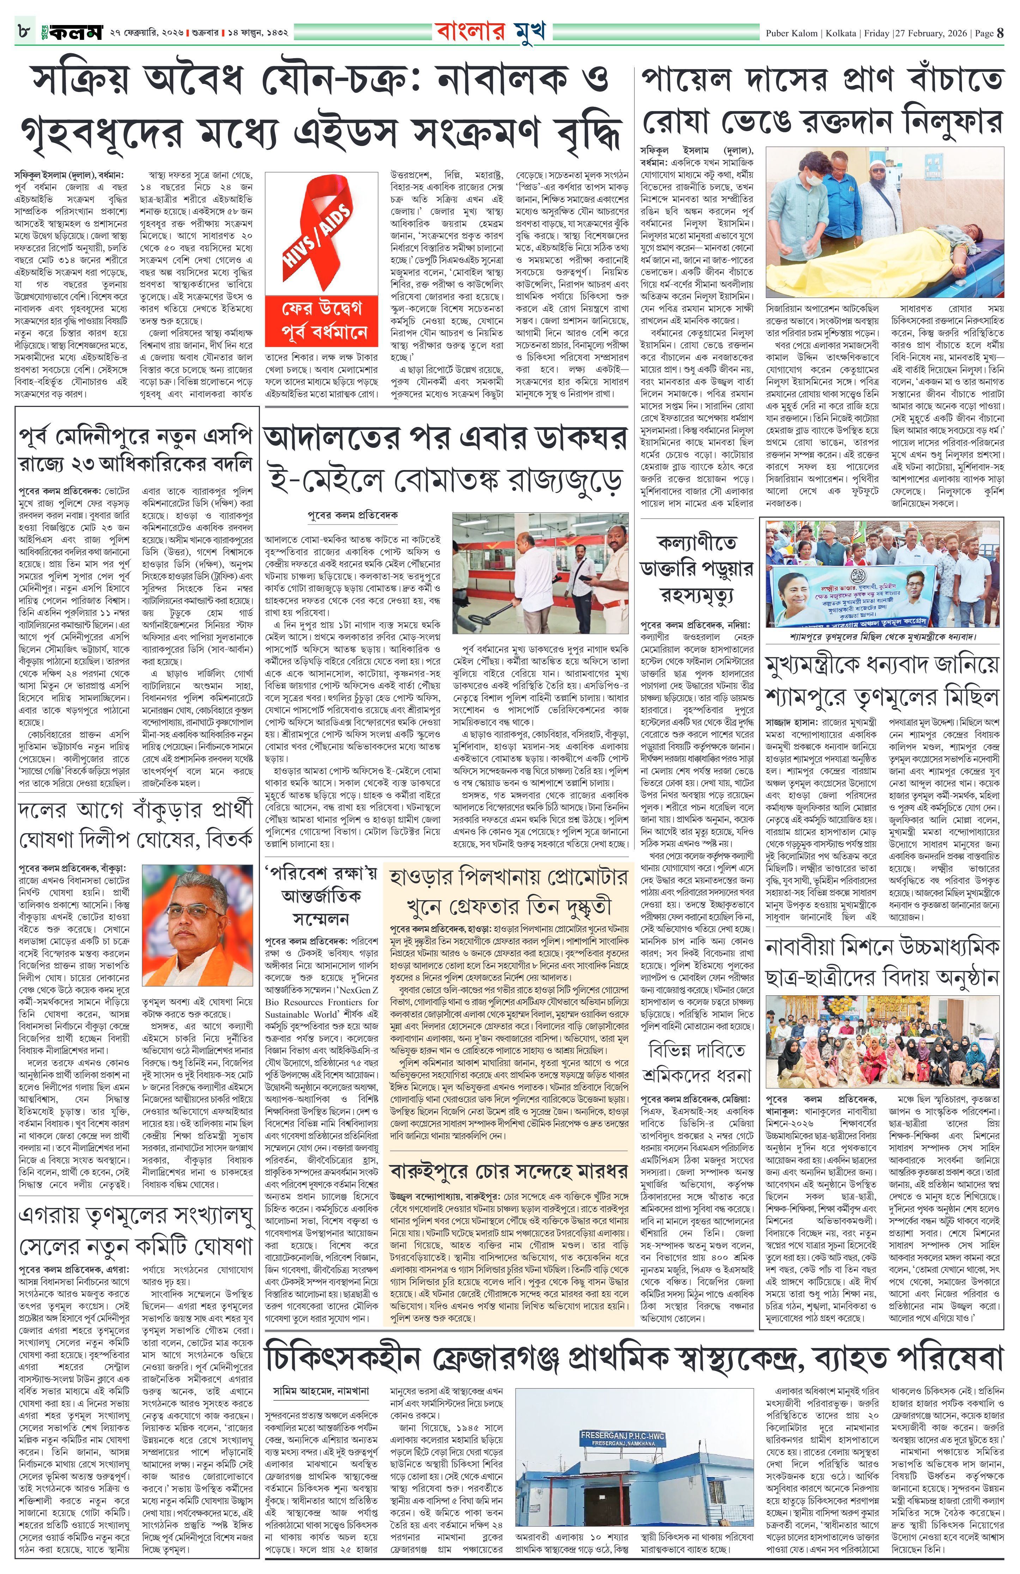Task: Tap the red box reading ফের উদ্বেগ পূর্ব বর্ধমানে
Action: [x=321, y=321]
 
